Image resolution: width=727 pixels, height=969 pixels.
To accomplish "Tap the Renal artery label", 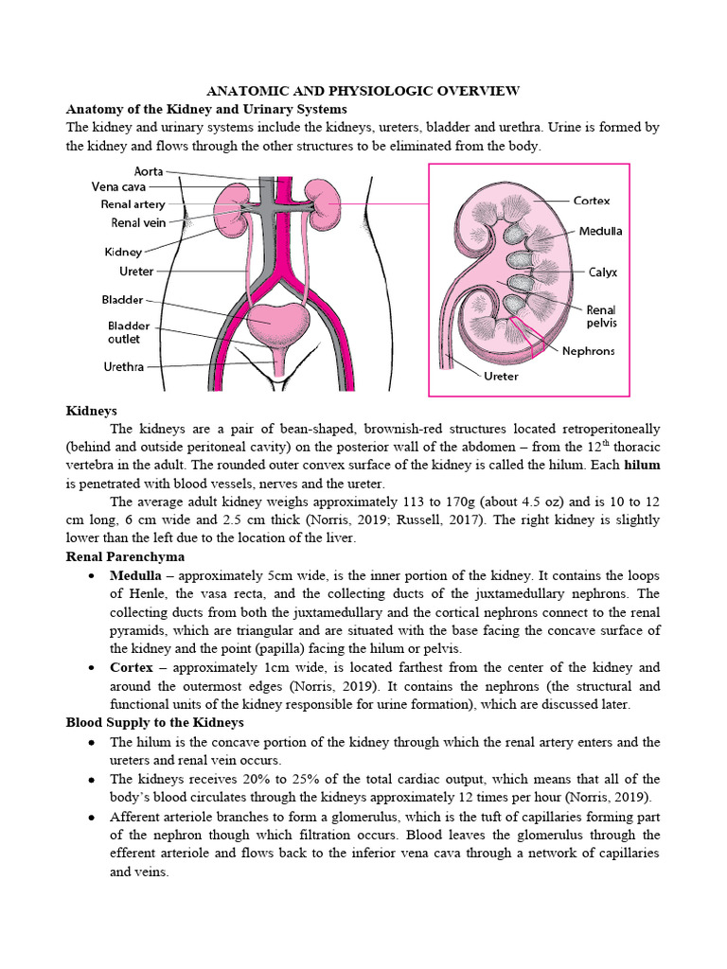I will pos(133,203).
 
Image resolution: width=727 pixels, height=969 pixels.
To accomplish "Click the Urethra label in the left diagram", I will pos(123,366).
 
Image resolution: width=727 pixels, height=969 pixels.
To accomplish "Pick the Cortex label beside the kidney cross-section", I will pos(592,201).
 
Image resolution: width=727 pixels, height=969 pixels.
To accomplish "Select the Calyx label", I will pos(602,272).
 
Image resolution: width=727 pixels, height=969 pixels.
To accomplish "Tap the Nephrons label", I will pos(588,350).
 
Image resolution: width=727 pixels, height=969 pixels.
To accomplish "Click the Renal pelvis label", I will pos(601,316).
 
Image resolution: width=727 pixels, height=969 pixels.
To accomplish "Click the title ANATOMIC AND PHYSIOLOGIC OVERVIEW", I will pos(363,91).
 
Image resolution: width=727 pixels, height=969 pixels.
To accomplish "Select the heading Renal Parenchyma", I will pos(125,556).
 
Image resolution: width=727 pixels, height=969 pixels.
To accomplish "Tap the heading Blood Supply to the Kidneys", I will pos(155,723).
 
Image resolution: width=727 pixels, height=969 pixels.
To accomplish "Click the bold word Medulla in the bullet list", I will pos(135,575).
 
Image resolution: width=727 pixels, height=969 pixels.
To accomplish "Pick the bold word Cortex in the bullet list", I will pos(132,666).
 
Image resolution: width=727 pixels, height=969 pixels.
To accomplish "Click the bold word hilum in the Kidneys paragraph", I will pos(642,466).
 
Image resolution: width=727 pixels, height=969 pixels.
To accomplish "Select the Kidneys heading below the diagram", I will pos(91,411).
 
